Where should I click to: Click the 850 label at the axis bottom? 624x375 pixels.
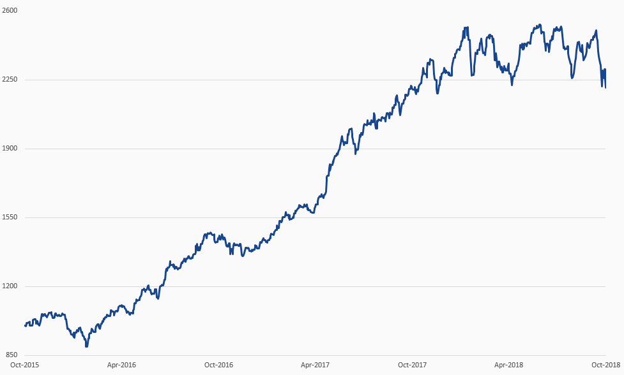tap(11, 355)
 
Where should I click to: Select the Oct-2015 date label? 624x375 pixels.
tap(24, 365)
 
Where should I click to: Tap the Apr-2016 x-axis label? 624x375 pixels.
tap(121, 365)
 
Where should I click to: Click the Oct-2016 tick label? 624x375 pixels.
tap(218, 365)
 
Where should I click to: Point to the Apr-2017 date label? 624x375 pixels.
tap(315, 365)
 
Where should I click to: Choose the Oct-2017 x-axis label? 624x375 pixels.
tap(412, 365)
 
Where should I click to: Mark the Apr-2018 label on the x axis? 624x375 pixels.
tap(509, 365)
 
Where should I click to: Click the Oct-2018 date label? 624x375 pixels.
tap(605, 365)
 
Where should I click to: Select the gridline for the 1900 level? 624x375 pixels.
tap(192, 149)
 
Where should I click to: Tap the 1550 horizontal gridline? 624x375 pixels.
tap(160, 217)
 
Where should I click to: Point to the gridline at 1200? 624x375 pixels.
tap(383, 286)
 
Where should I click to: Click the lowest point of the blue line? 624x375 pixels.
tap(86, 346)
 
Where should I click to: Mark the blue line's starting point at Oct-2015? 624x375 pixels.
tap(25, 325)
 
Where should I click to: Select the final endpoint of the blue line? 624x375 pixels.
tap(605, 87)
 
